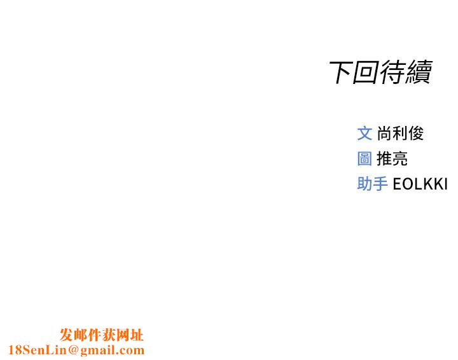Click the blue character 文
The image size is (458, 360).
364,133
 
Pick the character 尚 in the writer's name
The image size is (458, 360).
384,133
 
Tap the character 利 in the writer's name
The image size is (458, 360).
400,133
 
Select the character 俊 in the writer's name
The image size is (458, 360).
416,133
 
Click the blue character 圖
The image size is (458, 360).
364,158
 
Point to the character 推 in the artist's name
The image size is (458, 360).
384,158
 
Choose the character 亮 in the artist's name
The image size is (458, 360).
400,158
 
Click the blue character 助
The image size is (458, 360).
364,184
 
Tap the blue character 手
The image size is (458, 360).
380,184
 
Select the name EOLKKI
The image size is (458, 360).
420,184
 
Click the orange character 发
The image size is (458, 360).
67,335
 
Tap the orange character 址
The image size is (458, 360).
137,335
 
